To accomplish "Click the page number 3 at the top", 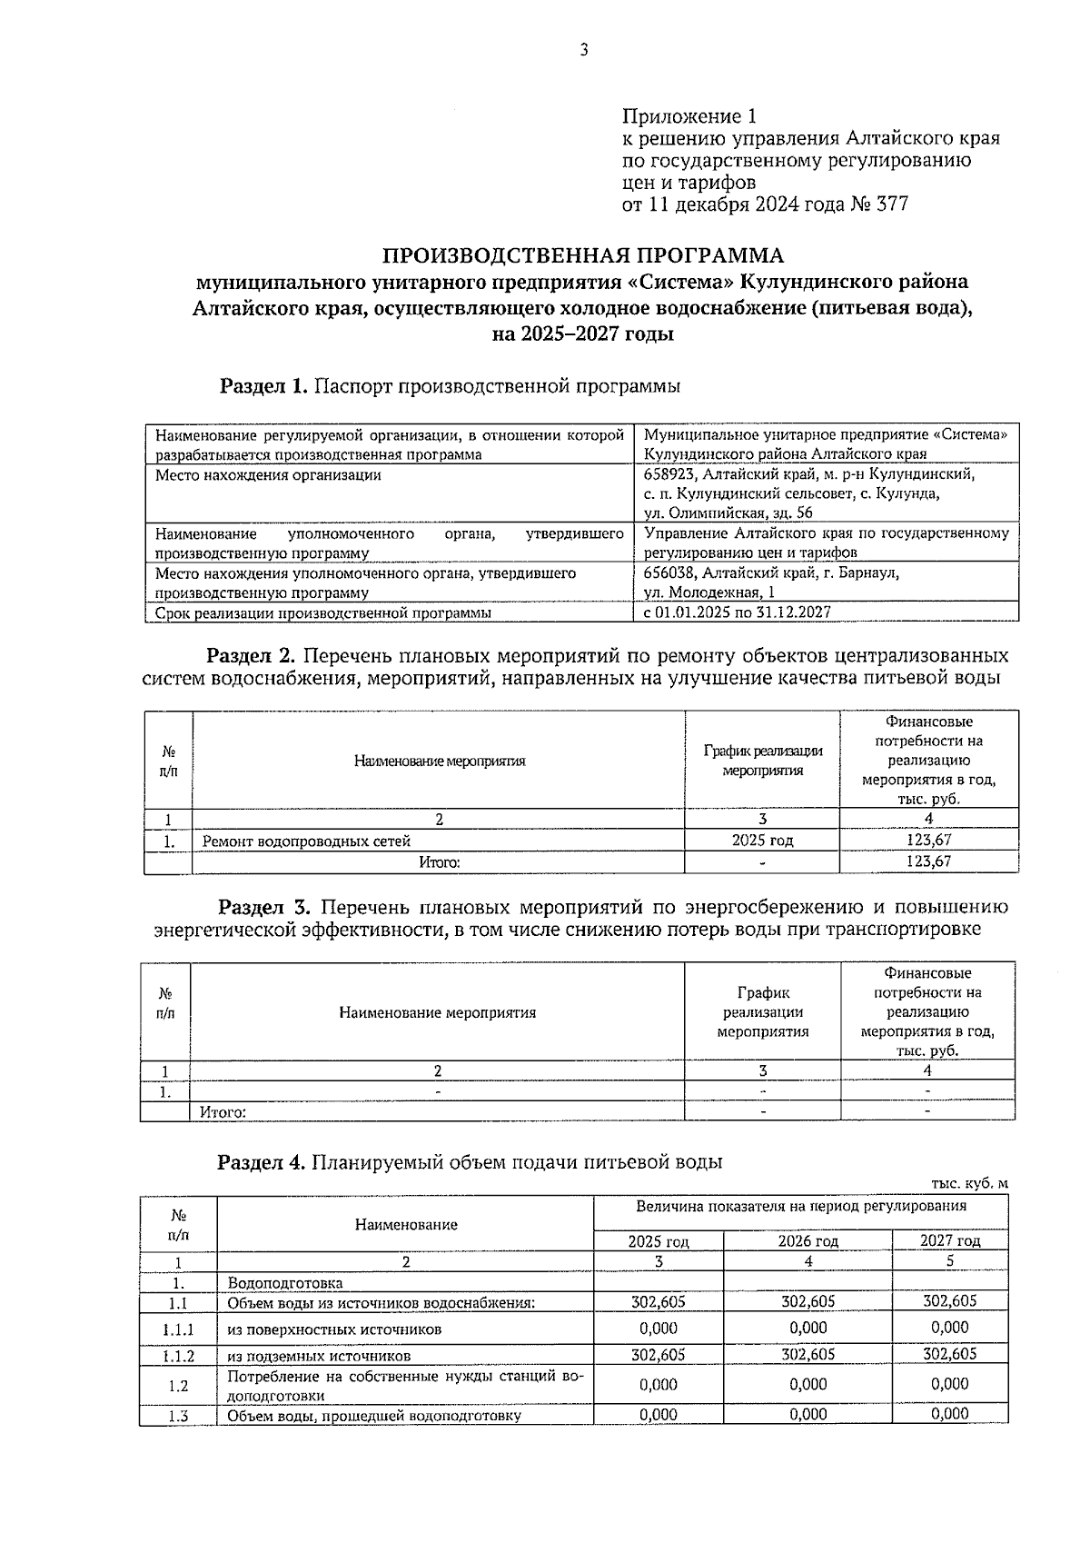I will pyautogui.click(x=584, y=51).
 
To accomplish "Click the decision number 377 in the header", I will pyautogui.click(x=891, y=204).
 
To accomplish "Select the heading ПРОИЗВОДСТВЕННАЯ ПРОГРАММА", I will pyautogui.click(x=582, y=255).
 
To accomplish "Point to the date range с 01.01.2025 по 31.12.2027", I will pyautogui.click(x=737, y=612).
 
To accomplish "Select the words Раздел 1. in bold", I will pyautogui.click(x=263, y=386).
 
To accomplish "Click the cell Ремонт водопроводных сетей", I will pyautogui.click(x=306, y=841).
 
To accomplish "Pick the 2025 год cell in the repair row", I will pyautogui.click(x=762, y=841).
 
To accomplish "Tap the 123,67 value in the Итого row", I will pyautogui.click(x=928, y=861).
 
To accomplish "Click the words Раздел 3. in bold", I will pyautogui.click(x=264, y=908).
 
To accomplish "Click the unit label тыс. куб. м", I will pyautogui.click(x=969, y=1183).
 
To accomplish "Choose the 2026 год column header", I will pyautogui.click(x=808, y=1241).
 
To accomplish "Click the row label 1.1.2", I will pyautogui.click(x=178, y=1355).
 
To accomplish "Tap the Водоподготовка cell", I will pyautogui.click(x=285, y=1283).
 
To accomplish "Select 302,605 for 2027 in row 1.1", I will pyautogui.click(x=949, y=1301).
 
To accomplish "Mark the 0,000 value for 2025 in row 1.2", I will pyautogui.click(x=658, y=1385).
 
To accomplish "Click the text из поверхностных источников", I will pyautogui.click(x=334, y=1329).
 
